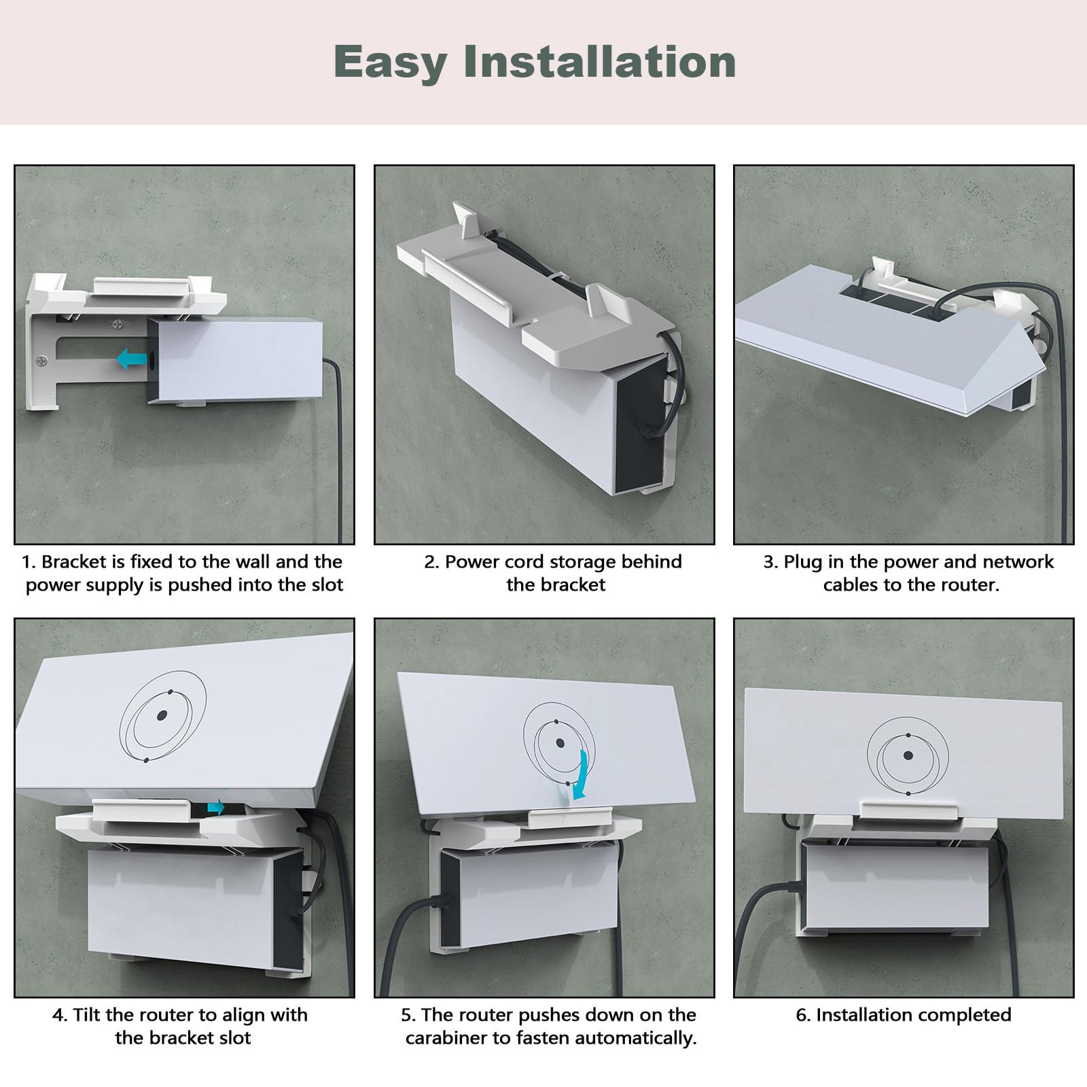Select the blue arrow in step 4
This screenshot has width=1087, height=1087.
tap(216, 807)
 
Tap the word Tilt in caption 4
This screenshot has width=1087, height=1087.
tap(86, 1015)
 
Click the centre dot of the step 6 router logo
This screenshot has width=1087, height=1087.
tap(908, 755)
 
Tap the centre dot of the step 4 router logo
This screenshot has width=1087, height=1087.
tap(162, 715)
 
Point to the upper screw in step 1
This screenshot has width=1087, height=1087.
tap(119, 325)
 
